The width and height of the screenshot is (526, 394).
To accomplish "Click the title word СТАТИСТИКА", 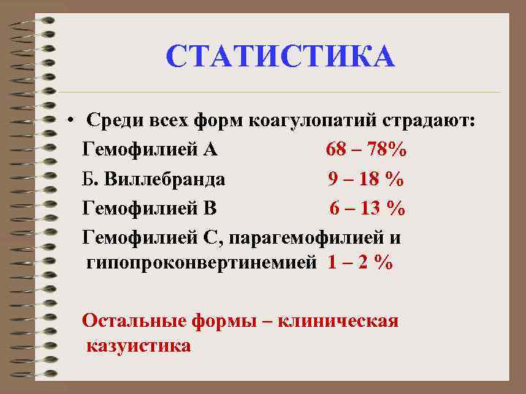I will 280,57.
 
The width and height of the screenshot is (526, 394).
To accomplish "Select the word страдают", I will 426,120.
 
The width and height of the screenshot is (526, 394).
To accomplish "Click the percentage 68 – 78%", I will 367,150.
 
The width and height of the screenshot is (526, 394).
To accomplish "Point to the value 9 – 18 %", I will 366,179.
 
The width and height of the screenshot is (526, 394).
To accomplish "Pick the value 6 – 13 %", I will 367,209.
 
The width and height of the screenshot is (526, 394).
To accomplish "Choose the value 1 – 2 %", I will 360,263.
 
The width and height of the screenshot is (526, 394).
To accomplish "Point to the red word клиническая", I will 344,320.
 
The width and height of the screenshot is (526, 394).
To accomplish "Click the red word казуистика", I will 138,345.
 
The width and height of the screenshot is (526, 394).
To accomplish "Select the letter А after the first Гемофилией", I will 210,150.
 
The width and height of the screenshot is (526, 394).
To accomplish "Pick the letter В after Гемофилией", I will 210,209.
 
